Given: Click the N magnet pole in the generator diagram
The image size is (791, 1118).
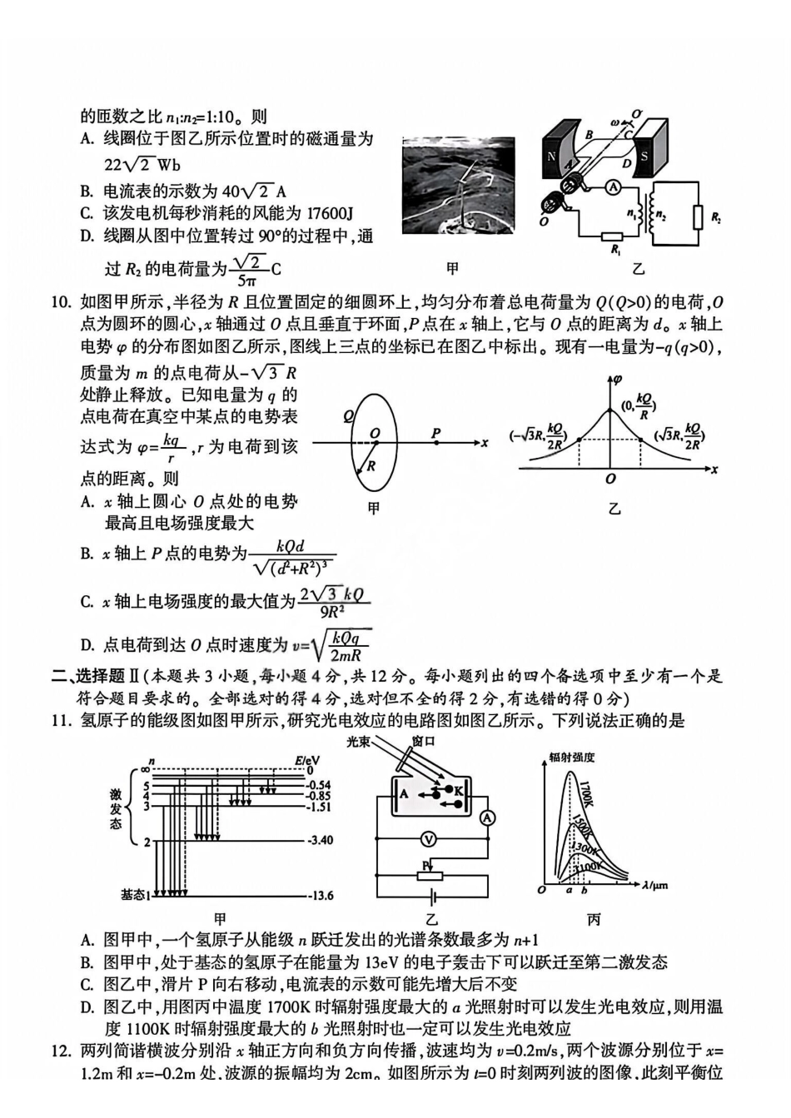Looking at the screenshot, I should (x=551, y=157).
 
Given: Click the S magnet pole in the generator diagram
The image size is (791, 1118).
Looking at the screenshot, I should (x=644, y=157).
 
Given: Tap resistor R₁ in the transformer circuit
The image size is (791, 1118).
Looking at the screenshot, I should (x=614, y=237).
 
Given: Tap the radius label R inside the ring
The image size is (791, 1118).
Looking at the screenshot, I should (x=371, y=466).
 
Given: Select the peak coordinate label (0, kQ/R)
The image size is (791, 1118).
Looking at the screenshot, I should (x=639, y=405).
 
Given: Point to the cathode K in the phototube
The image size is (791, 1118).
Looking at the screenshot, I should (x=459, y=789).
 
